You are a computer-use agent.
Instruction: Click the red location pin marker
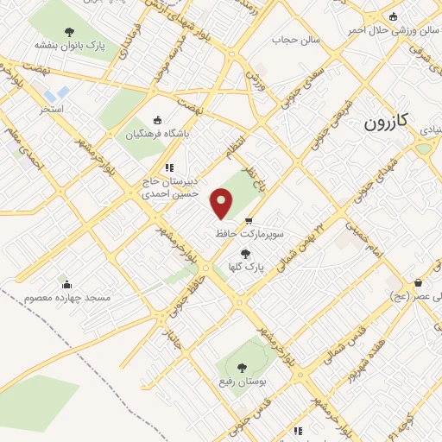[222, 204]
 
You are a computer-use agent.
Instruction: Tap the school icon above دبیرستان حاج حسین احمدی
[168, 167]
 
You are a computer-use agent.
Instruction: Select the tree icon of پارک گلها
[246, 254]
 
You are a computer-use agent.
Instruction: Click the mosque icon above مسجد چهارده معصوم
[66, 284]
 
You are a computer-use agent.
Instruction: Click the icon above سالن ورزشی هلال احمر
[394, 16]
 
